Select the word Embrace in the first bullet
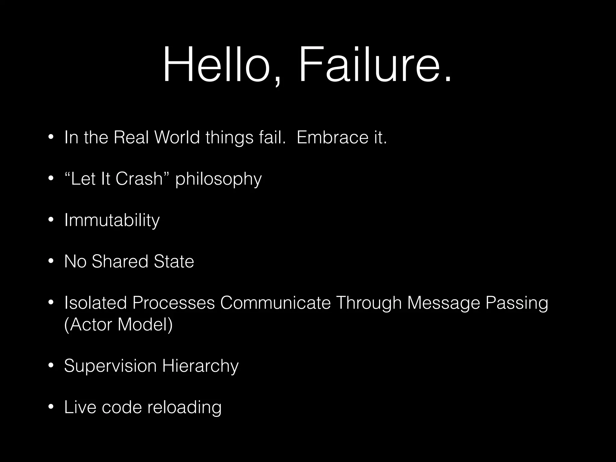point(333,137)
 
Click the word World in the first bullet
point(177,137)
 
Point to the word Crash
point(139,179)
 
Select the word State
point(174,261)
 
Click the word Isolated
point(95,303)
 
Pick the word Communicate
point(275,303)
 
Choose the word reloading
point(184,408)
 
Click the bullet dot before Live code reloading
point(51,407)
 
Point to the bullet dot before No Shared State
point(51,261)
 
